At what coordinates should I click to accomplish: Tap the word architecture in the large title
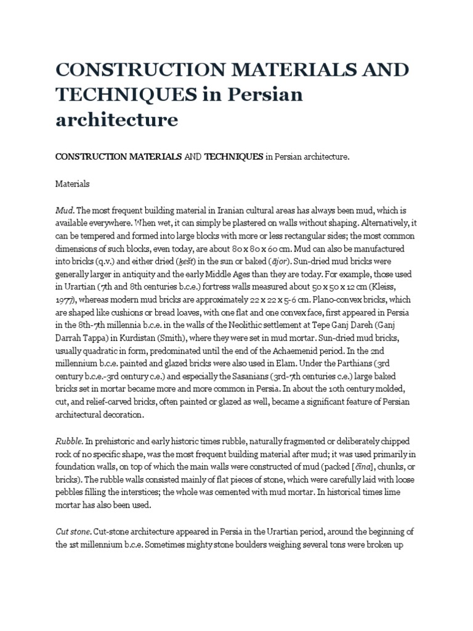(x=116, y=120)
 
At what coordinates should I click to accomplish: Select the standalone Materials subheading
(x=73, y=184)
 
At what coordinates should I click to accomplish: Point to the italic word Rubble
(x=68, y=442)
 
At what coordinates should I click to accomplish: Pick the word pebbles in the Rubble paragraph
(x=71, y=493)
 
